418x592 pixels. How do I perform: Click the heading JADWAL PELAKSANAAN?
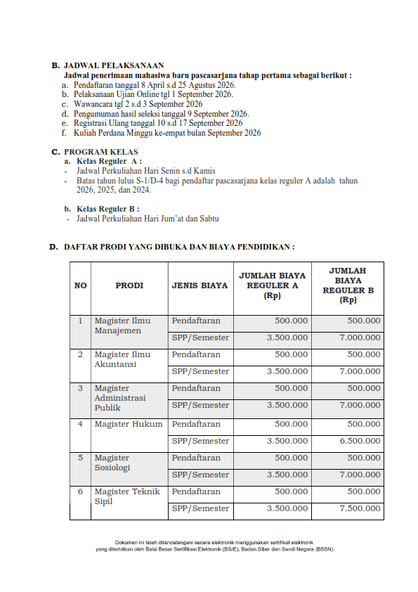click(113, 65)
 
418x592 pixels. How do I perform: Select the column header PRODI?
click(129, 285)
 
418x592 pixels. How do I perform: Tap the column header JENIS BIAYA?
click(200, 285)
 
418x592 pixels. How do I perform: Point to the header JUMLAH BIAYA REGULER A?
click(272, 285)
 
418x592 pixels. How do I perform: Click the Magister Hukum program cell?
click(129, 425)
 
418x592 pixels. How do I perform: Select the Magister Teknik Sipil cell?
click(127, 497)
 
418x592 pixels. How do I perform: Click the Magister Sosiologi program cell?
click(112, 463)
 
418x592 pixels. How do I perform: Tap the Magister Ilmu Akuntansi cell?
click(122, 359)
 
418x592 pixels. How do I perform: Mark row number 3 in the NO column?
click(80, 388)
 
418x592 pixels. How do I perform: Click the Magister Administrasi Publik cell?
click(120, 397)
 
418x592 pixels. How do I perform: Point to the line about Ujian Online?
click(153, 94)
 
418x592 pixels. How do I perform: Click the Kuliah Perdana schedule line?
click(166, 133)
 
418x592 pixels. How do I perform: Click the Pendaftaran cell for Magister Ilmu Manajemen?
click(196, 321)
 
